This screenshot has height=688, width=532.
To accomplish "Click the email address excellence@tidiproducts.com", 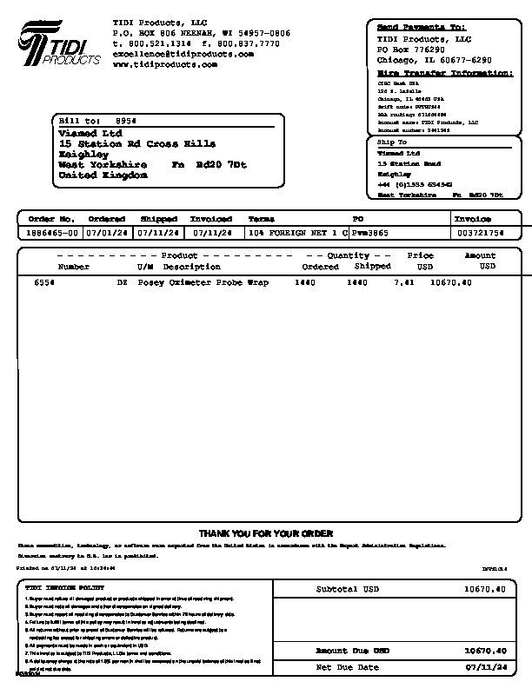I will point(183,54).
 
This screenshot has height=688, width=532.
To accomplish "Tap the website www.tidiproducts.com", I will point(164,64).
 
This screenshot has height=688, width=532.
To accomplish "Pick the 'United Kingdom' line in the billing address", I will point(103,175).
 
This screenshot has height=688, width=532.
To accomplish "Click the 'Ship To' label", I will point(391,142).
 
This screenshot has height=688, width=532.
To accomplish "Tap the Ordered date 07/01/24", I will point(107,233).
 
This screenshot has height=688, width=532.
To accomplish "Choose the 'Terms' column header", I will point(261,219).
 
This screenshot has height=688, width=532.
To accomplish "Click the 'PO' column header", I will point(356,219).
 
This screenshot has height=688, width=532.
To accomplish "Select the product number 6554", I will point(43,282).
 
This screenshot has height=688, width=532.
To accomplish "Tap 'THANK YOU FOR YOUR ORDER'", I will point(265,533).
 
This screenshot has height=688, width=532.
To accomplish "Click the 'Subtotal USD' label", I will point(348,589).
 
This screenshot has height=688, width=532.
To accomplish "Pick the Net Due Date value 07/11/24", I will point(486,667).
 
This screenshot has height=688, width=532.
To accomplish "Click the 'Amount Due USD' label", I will point(352,650).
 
